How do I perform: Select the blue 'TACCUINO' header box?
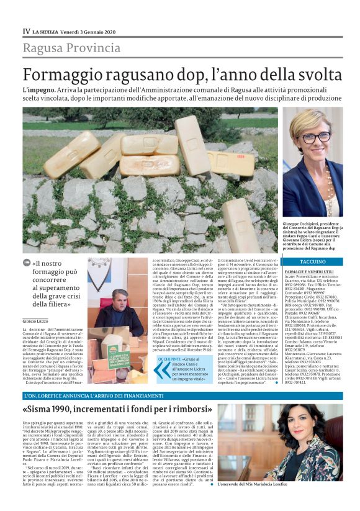click(x=312, y=261)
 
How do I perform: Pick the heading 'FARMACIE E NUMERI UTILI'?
click(x=310, y=271)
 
